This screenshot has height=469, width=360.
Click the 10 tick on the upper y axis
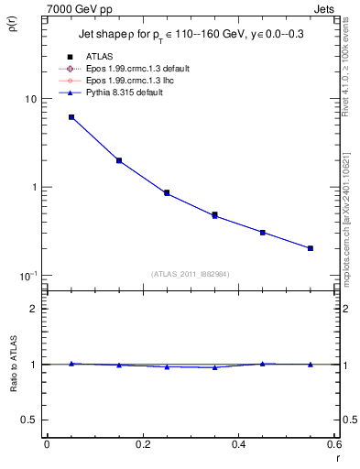[x=29, y=99]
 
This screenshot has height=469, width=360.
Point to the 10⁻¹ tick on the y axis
[x=27, y=276]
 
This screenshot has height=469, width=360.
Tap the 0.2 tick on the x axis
[x=142, y=445]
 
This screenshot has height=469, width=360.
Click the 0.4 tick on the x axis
[x=238, y=445]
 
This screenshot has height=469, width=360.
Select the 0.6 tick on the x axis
[x=333, y=445]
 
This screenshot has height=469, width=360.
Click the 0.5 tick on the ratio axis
[x=29, y=420]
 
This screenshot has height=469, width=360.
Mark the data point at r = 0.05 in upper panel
[x=71, y=117]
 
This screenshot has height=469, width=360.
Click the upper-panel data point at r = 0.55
[x=311, y=248]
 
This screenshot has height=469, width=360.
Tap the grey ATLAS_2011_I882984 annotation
[x=190, y=273]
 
